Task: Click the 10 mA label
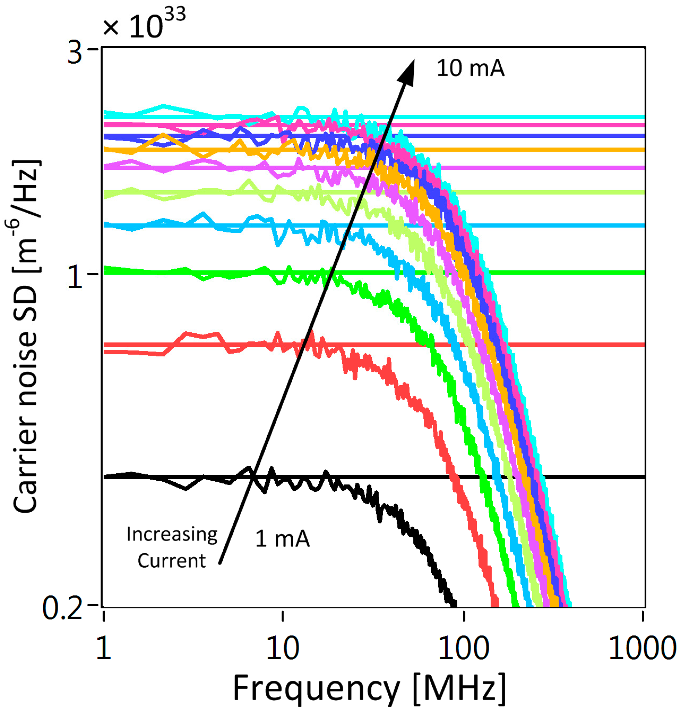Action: [x=470, y=68]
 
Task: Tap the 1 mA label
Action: [x=283, y=539]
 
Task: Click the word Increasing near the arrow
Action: [x=172, y=534]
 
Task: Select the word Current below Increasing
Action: [x=171, y=561]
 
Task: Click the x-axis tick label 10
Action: [x=283, y=649]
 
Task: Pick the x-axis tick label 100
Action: [x=464, y=649]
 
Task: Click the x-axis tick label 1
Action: [x=104, y=649]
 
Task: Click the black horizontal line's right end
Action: [x=643, y=476]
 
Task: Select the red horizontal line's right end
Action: [x=643, y=344]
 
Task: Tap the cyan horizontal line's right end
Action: [x=643, y=117]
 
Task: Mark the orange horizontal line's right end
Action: [x=643, y=149]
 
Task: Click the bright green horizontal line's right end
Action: [x=643, y=272]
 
